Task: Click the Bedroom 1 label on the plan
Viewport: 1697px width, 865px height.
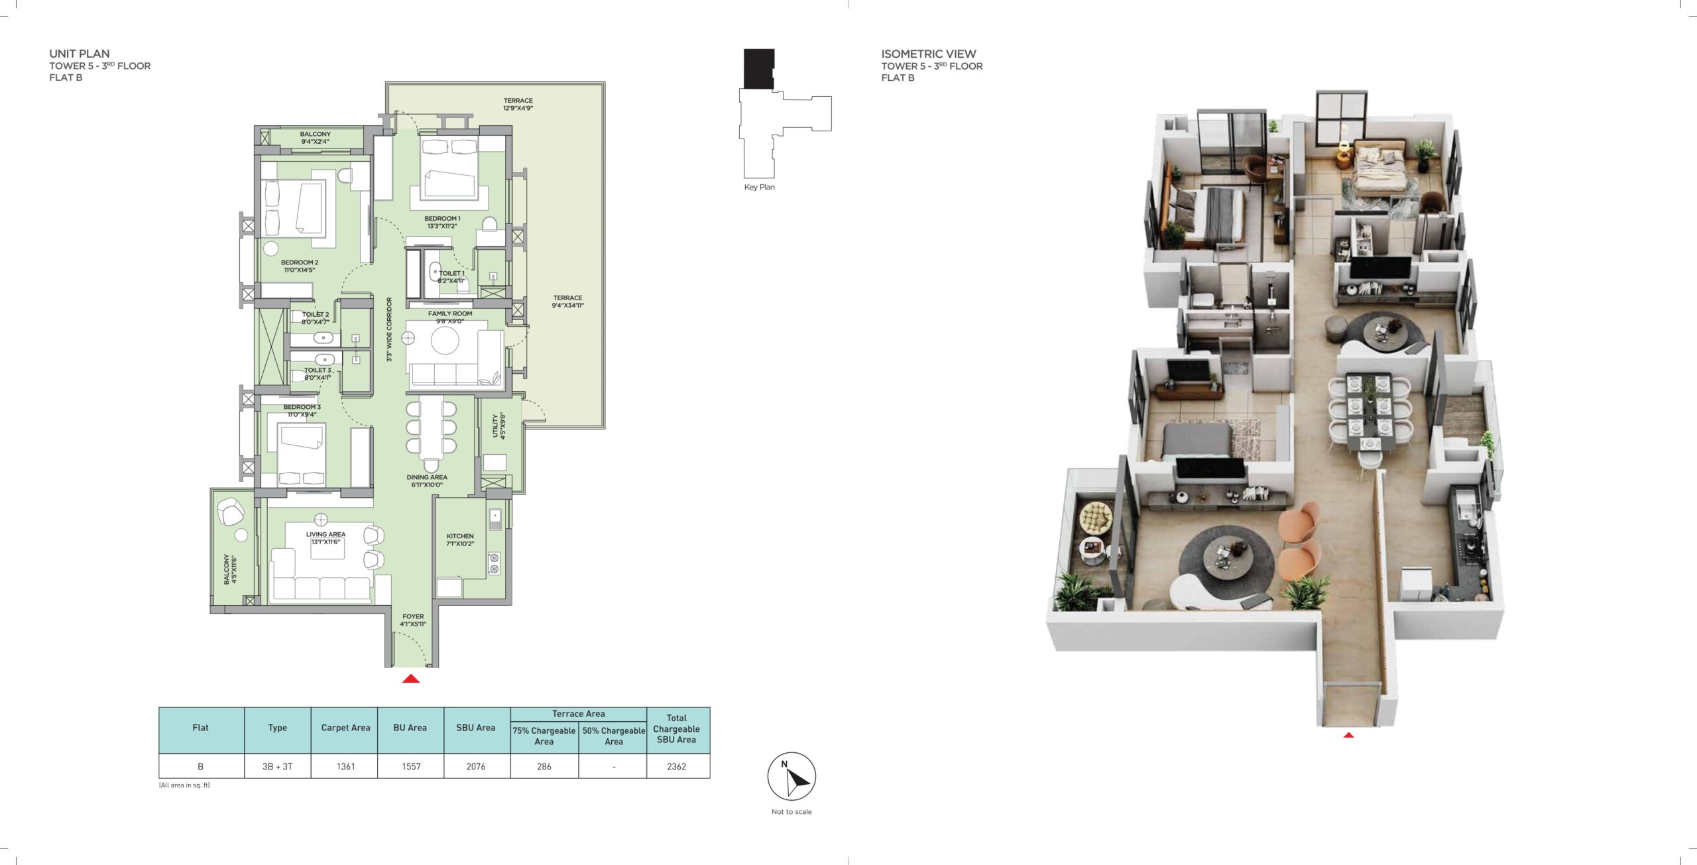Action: (442, 222)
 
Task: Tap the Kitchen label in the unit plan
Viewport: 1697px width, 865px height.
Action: (460, 540)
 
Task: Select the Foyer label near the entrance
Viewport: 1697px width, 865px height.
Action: (413, 620)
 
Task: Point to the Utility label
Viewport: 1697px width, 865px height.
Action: (498, 426)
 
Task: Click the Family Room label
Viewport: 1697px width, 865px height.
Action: (450, 317)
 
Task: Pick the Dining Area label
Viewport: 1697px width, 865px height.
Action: (427, 481)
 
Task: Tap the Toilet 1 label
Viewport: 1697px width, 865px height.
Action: (451, 276)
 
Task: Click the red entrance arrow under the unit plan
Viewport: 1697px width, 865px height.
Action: (411, 678)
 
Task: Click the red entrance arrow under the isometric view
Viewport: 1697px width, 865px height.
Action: (1348, 734)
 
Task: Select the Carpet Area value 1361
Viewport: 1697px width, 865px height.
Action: (345, 766)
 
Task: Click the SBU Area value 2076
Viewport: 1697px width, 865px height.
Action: (476, 766)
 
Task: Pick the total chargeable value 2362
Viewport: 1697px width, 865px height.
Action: (677, 766)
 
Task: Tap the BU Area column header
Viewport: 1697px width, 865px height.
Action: (410, 728)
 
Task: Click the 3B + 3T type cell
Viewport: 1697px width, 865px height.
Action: (277, 766)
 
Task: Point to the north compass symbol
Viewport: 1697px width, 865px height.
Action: (791, 776)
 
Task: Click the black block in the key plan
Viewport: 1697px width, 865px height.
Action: (758, 68)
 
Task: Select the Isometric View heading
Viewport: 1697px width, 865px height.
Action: (928, 54)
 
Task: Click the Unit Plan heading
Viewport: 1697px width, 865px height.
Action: (80, 54)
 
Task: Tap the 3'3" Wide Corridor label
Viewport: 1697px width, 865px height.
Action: (389, 329)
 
